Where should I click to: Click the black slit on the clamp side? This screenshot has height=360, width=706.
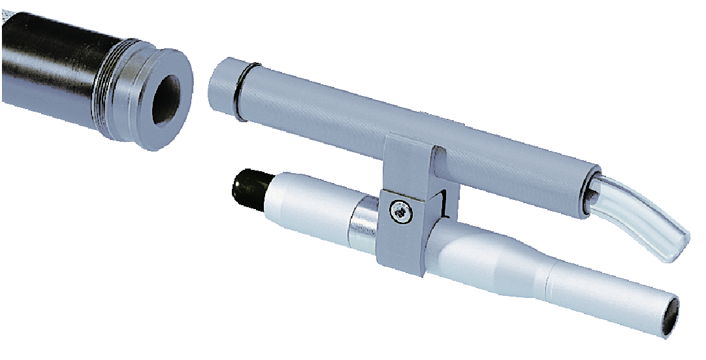pyautogui.click(x=445, y=203)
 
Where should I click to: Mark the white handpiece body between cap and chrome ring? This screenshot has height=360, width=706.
pyautogui.click(x=307, y=203)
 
